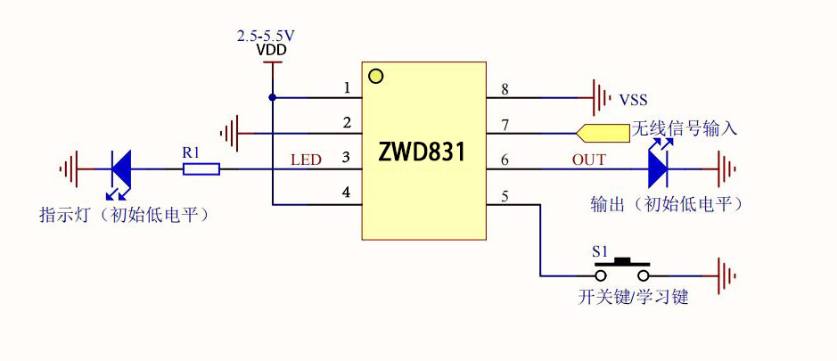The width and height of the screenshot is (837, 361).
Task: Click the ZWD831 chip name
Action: [422, 152]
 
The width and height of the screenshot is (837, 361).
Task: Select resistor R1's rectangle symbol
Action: [201, 168]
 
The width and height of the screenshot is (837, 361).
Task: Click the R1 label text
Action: [192, 152]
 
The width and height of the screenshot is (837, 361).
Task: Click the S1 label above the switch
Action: [603, 251]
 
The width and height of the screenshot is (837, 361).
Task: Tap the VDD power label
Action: [271, 51]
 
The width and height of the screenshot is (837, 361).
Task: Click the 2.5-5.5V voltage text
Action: [266, 36]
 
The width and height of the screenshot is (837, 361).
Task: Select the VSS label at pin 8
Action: [634, 99]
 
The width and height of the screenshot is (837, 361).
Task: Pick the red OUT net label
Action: [588, 160]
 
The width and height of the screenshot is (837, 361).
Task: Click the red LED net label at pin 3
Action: [306, 160]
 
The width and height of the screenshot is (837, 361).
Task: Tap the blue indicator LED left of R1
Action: [120, 168]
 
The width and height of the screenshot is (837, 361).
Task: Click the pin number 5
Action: [505, 196]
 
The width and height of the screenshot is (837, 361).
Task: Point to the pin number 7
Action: [505, 125]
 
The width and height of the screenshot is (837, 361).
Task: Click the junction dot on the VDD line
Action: [272, 96]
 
